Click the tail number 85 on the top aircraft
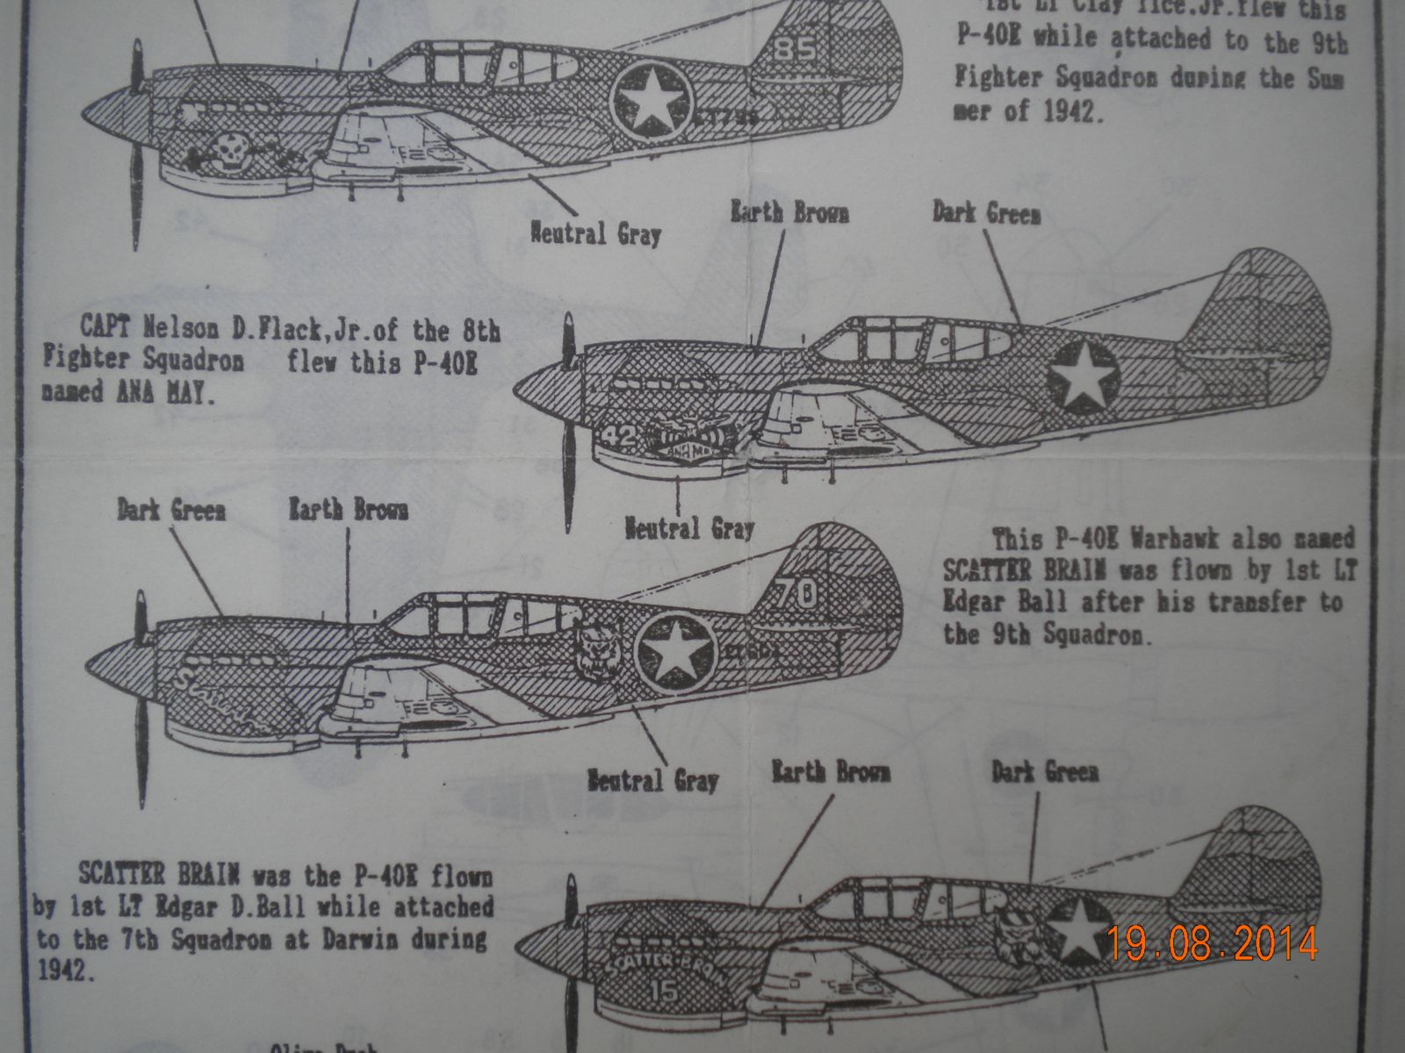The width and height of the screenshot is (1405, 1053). point(796,50)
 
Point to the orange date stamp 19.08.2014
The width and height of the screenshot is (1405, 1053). point(1212,944)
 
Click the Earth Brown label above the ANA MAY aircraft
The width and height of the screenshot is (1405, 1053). point(790,213)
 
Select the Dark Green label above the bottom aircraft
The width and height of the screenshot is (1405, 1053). point(1045,772)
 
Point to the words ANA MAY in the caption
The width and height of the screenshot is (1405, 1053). point(162,392)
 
